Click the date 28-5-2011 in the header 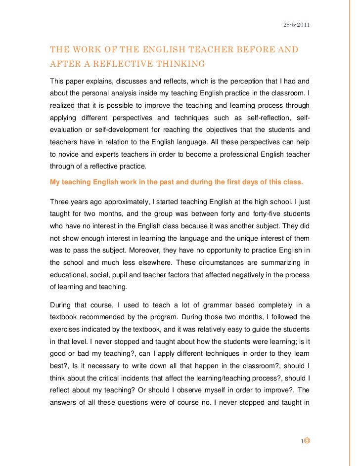(296, 25)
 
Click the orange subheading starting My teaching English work (177, 181)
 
